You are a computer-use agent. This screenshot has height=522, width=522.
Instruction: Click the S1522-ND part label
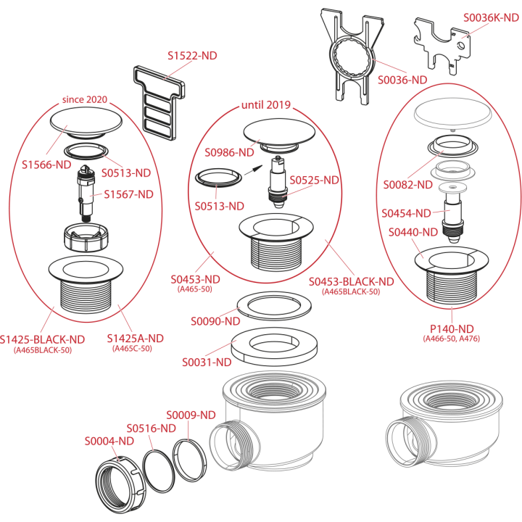click(192, 56)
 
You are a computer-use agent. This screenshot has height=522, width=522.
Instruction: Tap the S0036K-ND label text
click(491, 17)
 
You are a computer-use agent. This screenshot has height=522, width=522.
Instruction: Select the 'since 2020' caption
click(85, 99)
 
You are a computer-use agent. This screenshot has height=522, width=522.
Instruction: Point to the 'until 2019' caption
click(266, 105)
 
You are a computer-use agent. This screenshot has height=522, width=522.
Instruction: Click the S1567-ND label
click(128, 194)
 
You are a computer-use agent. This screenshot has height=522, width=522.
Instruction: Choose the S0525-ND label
click(314, 180)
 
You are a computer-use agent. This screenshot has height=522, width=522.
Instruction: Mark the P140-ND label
click(452, 329)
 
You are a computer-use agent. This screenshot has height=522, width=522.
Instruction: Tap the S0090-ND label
click(215, 321)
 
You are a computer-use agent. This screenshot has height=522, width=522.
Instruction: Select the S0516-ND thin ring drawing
click(159, 471)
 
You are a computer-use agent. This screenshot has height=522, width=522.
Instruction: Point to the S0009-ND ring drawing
click(189, 460)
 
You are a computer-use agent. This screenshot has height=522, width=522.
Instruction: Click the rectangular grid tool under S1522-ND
click(159, 103)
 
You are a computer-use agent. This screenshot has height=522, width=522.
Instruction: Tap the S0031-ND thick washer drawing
click(274, 347)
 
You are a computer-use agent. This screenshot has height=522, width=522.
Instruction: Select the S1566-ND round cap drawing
click(86, 123)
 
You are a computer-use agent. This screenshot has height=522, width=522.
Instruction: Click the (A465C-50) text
click(132, 349)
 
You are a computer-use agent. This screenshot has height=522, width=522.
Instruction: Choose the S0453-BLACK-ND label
click(351, 281)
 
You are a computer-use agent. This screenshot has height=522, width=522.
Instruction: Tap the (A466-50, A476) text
click(452, 339)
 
